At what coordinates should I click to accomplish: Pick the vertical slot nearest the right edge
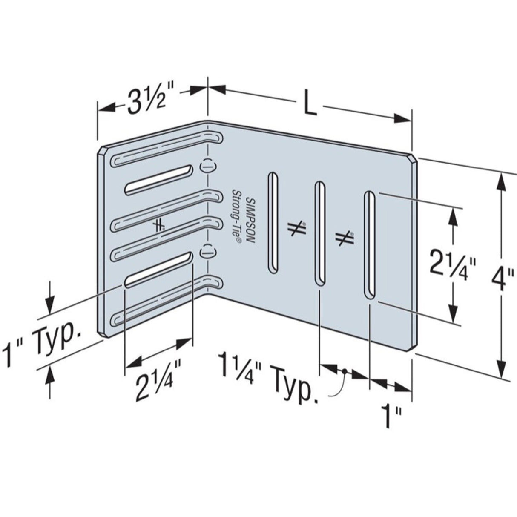coord(369,246)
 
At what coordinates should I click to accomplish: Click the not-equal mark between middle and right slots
coord(345,238)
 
